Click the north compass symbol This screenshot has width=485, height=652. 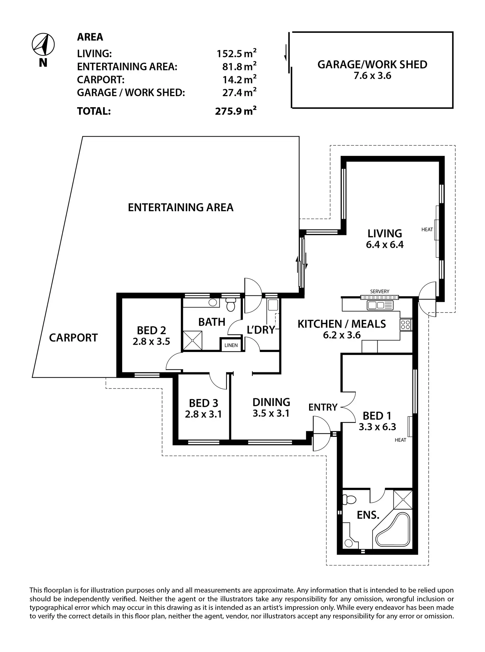pyautogui.click(x=43, y=44)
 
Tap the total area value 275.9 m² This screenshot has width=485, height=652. pyautogui.click(x=236, y=111)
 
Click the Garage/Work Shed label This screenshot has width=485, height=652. pyautogui.click(x=372, y=65)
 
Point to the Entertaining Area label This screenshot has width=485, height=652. pyautogui.click(x=181, y=208)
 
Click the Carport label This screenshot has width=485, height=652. pyautogui.click(x=73, y=338)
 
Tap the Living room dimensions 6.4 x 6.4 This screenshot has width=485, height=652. pyautogui.click(x=385, y=245)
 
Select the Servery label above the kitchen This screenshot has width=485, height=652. pyautogui.click(x=380, y=291)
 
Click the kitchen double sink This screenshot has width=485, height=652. pyautogui.click(x=380, y=305)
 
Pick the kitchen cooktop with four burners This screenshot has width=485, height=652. pyautogui.click(x=406, y=325)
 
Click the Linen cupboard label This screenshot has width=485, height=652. pyautogui.click(x=231, y=345)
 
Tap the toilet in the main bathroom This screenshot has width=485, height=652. pyautogui.click(x=230, y=305)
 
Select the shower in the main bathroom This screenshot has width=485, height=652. pyautogui.click(x=192, y=340)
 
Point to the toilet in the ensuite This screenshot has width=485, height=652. pyautogui.click(x=349, y=500)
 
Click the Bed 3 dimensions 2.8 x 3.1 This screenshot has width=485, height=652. pyautogui.click(x=203, y=414)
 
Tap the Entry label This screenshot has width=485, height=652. pyautogui.click(x=323, y=407)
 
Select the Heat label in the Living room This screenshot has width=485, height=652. pyautogui.click(x=427, y=230)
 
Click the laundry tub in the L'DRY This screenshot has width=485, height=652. pyautogui.click(x=273, y=305)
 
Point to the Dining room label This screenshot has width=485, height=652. pyautogui.click(x=271, y=402)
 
